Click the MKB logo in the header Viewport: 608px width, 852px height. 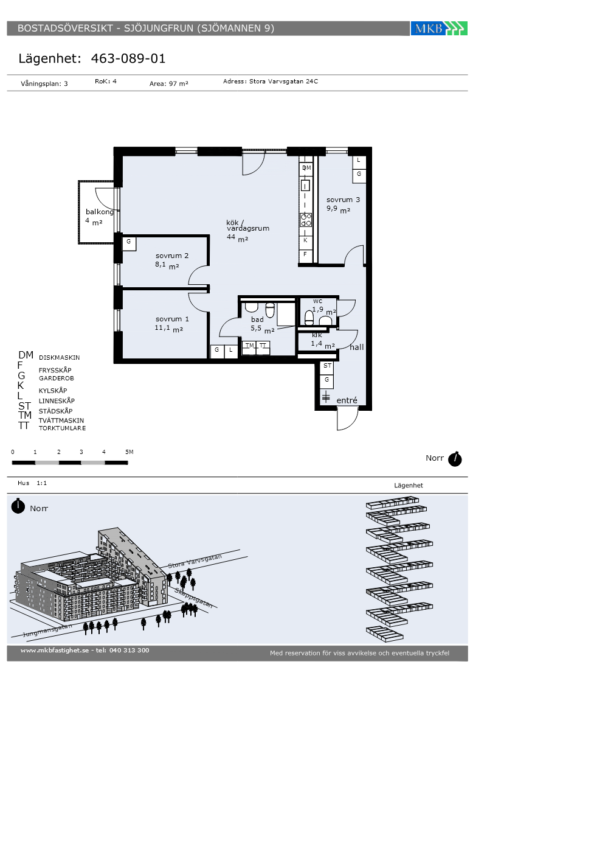439,28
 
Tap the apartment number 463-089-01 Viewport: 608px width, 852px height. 128,58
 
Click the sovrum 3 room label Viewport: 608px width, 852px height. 343,200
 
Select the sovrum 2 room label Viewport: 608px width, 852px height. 172,256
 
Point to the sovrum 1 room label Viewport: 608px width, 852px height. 172,319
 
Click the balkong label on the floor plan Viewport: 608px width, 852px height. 100,212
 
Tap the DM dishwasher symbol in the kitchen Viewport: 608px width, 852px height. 306,168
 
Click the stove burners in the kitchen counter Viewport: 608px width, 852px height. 306,220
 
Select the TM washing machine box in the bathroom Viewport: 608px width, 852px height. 249,347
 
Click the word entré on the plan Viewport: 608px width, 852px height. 347,400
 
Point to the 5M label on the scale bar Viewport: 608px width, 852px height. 129,452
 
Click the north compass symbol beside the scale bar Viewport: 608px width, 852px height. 455,459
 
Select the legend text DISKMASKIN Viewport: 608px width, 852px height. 60,358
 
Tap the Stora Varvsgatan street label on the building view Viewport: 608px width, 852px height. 195,561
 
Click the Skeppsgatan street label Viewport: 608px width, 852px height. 193,598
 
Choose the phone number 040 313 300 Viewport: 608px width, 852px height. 129,651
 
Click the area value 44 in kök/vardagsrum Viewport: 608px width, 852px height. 231,237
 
